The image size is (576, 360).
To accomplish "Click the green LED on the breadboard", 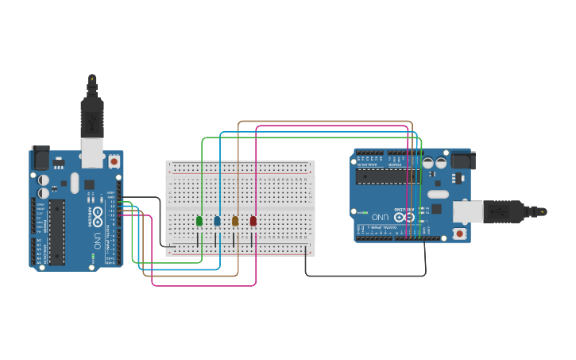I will coord(199,220).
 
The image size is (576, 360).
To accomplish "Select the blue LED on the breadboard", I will coord(217,220).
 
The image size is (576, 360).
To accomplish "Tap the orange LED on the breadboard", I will coord(235,220).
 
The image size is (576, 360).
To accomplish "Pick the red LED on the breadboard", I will coord(253,220).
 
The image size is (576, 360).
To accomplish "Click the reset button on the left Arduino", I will coord(114,161).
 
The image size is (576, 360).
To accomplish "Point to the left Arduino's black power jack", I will coord(39,158).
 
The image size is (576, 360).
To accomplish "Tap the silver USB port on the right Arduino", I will coord(468,211).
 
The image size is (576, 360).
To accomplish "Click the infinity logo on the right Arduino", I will coord(404,217).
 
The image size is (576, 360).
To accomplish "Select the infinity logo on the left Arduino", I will coord(99,213).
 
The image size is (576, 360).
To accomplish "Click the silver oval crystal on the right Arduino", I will coord(439,194).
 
